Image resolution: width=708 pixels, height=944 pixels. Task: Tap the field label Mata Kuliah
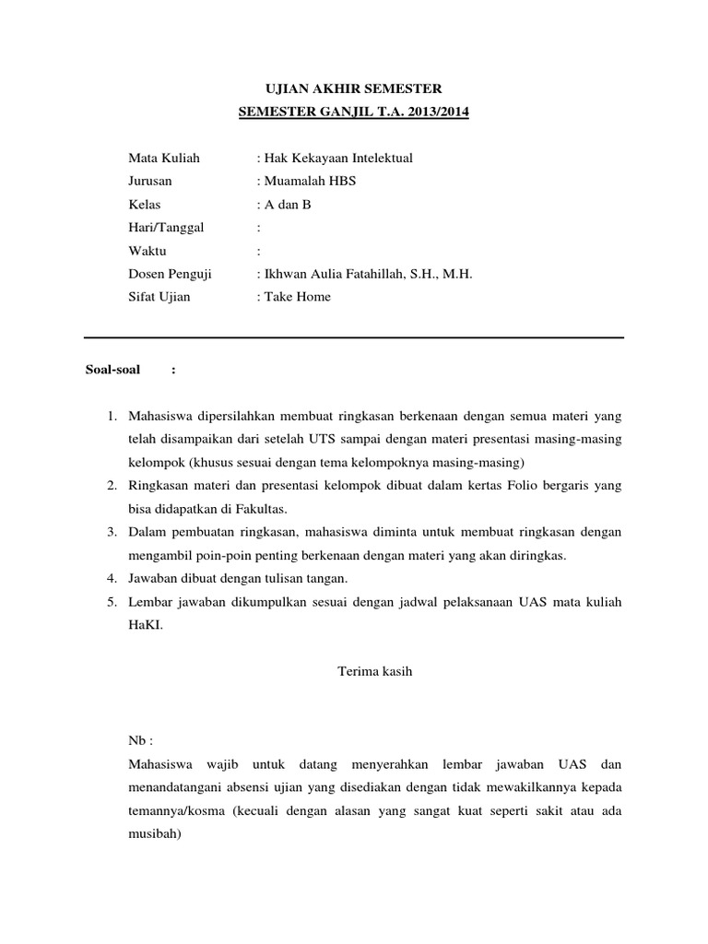[163, 158]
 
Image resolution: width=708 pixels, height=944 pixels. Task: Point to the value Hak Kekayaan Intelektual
[337, 158]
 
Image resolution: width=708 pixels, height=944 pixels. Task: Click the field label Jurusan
[150, 181]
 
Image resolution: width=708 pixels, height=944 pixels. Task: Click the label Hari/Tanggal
[166, 227]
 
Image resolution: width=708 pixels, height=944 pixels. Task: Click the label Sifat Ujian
[159, 297]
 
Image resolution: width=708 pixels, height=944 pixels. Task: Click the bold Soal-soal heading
[112, 371]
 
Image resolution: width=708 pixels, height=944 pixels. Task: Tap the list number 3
[110, 532]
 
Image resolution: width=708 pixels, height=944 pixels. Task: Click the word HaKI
[146, 625]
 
